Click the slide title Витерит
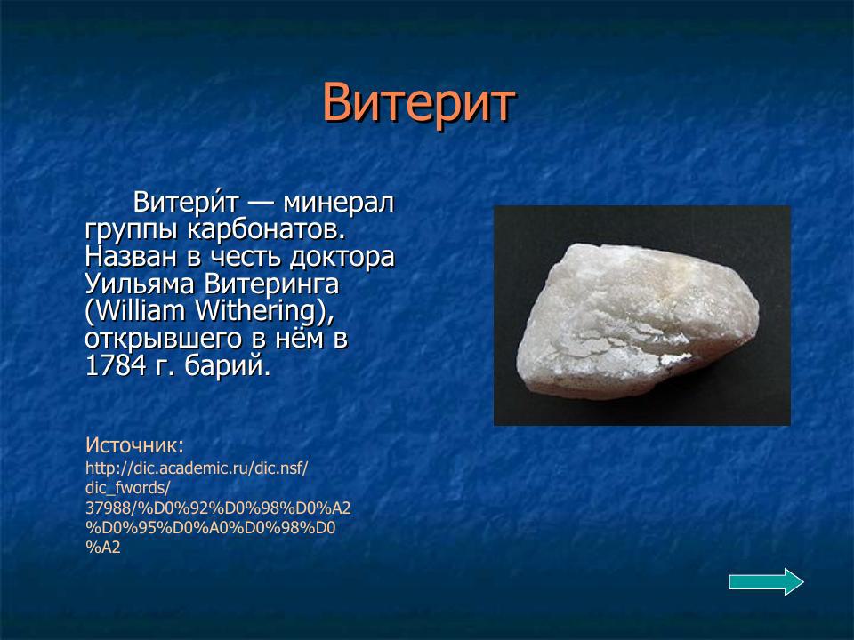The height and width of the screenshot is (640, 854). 417,103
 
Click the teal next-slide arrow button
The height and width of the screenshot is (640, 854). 766,582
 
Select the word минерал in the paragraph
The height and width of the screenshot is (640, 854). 338,203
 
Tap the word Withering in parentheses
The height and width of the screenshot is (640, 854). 261,312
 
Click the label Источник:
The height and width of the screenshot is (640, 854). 134,444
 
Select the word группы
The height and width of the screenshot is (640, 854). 133,230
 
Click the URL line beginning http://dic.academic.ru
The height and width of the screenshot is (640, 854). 197,468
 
